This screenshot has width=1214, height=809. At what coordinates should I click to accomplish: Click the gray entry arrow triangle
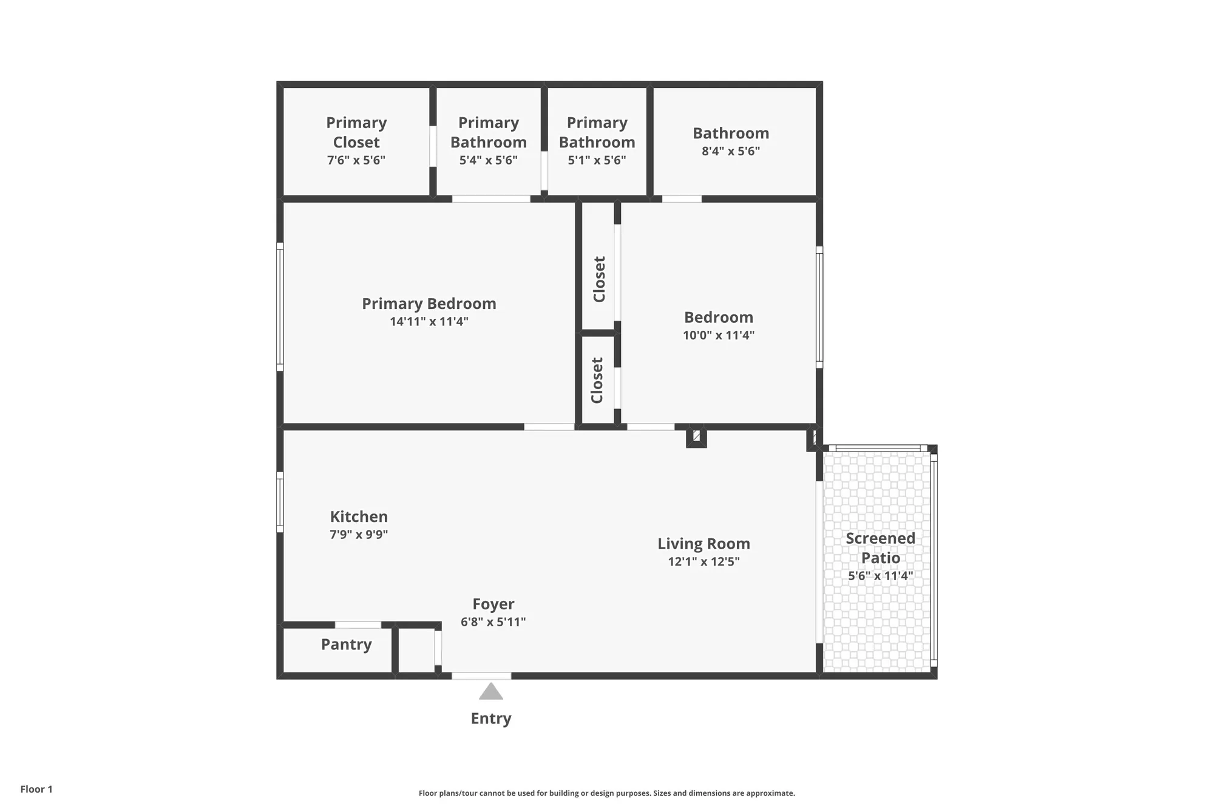[491, 692]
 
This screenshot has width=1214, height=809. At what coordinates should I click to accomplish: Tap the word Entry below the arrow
[491, 719]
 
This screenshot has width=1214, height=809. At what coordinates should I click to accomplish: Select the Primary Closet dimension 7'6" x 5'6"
[356, 160]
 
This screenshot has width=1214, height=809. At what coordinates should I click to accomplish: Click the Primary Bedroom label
[429, 303]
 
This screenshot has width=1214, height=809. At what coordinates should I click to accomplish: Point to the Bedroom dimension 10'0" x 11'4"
[719, 335]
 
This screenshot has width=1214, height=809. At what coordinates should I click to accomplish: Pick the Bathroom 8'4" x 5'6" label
[731, 134]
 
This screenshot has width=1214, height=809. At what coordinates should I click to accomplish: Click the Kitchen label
[359, 516]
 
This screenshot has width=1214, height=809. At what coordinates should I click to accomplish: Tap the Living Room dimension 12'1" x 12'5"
[704, 561]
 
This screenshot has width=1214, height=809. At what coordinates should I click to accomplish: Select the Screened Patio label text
[880, 547]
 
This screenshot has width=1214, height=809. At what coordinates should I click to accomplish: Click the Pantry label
[346, 645]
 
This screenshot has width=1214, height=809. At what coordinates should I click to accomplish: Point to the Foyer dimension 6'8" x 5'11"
[493, 621]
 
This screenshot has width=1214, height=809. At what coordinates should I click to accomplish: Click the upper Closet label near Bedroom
[599, 279]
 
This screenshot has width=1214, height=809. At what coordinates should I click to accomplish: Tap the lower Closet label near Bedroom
[597, 381]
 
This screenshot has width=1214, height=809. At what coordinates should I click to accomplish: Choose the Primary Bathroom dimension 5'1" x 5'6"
[597, 160]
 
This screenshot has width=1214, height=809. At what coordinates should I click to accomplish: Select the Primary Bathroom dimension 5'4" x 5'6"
[488, 160]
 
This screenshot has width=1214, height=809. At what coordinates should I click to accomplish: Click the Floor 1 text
[36, 789]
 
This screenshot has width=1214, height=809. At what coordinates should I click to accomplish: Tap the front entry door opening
[481, 675]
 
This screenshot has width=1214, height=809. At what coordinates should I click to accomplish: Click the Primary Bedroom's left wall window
[280, 306]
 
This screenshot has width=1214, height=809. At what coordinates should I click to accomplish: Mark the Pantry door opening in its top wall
[358, 625]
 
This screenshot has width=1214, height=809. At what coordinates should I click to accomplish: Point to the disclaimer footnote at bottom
[606, 793]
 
